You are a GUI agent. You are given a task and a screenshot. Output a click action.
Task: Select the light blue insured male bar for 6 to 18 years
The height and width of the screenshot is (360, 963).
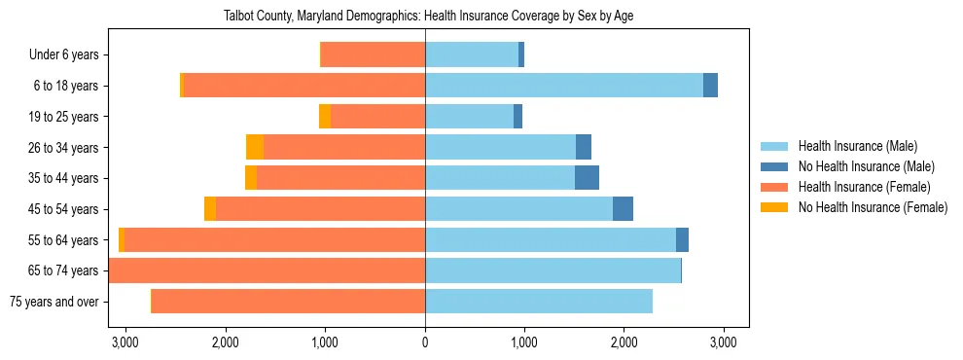click(x=564, y=86)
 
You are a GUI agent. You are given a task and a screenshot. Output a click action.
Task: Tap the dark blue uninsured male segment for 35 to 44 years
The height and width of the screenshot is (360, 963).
click(x=587, y=178)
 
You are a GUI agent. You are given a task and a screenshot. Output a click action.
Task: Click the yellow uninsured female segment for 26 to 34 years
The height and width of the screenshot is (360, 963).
click(x=255, y=147)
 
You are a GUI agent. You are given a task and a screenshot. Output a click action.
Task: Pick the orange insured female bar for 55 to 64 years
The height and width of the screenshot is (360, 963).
click(x=274, y=239)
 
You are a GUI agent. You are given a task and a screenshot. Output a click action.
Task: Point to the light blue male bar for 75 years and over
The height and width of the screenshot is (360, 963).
click(x=539, y=302)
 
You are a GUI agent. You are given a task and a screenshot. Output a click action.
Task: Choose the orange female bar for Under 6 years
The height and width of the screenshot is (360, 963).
click(x=373, y=54)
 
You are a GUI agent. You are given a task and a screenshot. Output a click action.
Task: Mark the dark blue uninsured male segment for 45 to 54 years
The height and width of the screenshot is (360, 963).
click(x=623, y=209)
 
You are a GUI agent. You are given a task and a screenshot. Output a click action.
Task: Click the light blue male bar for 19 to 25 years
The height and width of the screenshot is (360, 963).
click(x=469, y=117)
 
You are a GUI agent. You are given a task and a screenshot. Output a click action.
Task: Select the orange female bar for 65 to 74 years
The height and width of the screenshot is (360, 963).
click(x=267, y=270)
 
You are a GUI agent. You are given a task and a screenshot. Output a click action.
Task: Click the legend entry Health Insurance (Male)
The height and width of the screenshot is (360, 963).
click(x=857, y=146)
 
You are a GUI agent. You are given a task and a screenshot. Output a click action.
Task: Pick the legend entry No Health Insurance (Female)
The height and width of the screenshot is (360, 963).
click(x=873, y=207)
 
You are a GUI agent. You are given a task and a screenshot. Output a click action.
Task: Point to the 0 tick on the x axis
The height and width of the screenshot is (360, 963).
click(x=425, y=342)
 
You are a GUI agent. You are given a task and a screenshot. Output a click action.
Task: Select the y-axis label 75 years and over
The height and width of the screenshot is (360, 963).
click(x=53, y=302)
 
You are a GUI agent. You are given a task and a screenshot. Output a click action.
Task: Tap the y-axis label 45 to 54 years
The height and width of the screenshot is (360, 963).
click(x=64, y=209)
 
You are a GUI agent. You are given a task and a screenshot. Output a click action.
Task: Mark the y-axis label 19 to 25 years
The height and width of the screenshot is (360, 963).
click(x=64, y=117)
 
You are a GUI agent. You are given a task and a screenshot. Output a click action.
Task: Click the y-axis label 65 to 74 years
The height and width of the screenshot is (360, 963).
click(x=64, y=270)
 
